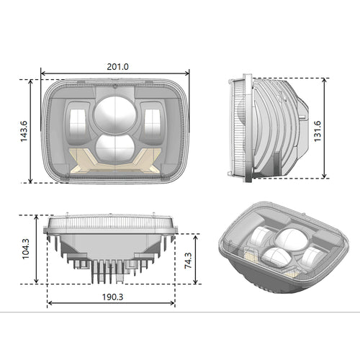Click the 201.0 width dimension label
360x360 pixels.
117,66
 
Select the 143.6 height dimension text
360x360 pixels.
24,130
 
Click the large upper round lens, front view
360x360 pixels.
114,114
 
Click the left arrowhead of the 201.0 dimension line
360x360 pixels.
43,73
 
